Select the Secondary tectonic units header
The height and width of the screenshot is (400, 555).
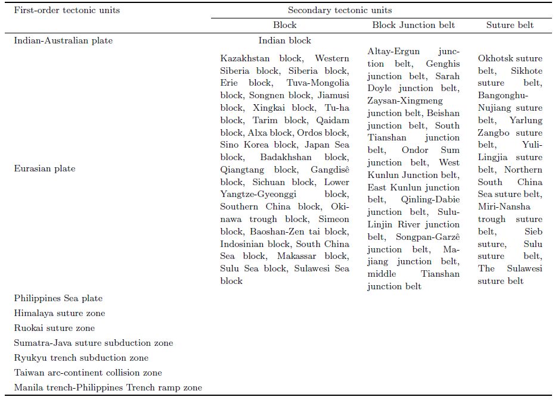(x=340, y=10)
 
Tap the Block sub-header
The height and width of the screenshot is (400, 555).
(x=284, y=25)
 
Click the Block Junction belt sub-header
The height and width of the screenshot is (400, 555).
(x=413, y=25)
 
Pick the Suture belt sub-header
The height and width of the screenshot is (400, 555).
(x=510, y=25)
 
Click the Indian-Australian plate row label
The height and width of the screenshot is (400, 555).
(x=63, y=40)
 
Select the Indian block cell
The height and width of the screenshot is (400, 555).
(x=284, y=40)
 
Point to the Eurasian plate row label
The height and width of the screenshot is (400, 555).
(x=45, y=168)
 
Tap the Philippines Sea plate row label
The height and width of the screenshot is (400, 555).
(x=58, y=298)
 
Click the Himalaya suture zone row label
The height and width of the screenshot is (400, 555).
(x=60, y=313)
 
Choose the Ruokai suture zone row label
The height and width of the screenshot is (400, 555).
(x=54, y=328)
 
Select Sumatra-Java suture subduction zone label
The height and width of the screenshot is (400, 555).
(x=94, y=343)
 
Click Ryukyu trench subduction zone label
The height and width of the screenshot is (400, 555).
(x=81, y=358)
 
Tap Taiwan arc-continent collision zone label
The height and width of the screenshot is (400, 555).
(x=88, y=373)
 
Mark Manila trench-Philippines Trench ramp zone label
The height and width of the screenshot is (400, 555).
(x=108, y=387)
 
